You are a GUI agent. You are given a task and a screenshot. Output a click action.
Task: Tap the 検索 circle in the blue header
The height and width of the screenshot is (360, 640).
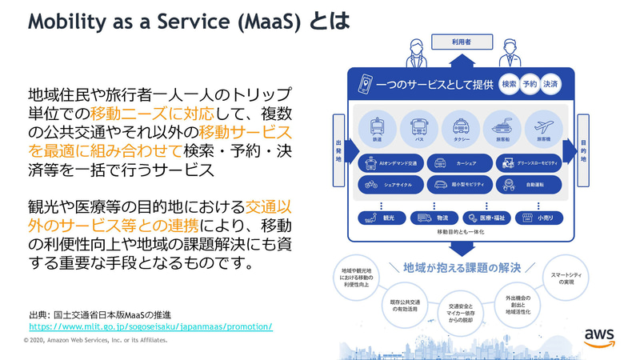point(508,84)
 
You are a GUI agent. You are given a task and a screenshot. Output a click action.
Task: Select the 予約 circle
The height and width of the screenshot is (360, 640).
point(530,84)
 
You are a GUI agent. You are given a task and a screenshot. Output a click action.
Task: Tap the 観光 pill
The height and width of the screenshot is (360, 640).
point(381,217)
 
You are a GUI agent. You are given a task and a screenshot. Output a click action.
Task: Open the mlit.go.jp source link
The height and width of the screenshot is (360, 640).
point(151,326)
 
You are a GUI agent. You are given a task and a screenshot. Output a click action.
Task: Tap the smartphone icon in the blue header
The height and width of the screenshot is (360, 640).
point(366,84)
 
